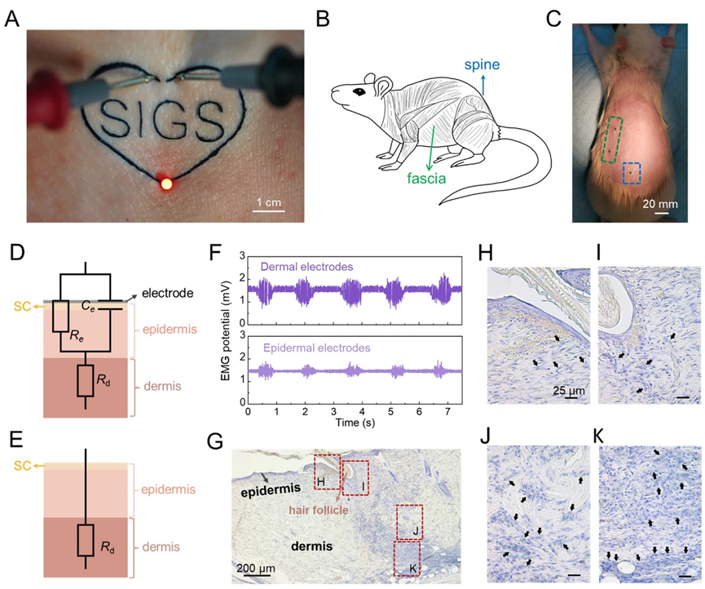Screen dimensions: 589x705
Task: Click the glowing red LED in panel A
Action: tap(168, 183)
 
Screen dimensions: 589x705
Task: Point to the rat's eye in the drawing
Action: tap(356, 92)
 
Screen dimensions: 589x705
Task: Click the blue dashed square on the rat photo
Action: tap(632, 173)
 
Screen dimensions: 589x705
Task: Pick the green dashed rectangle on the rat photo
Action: tap(612, 139)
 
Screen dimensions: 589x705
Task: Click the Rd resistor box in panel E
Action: tap(85, 540)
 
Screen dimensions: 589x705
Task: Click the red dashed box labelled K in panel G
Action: tap(406, 560)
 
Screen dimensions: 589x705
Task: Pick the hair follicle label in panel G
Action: tap(322, 510)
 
